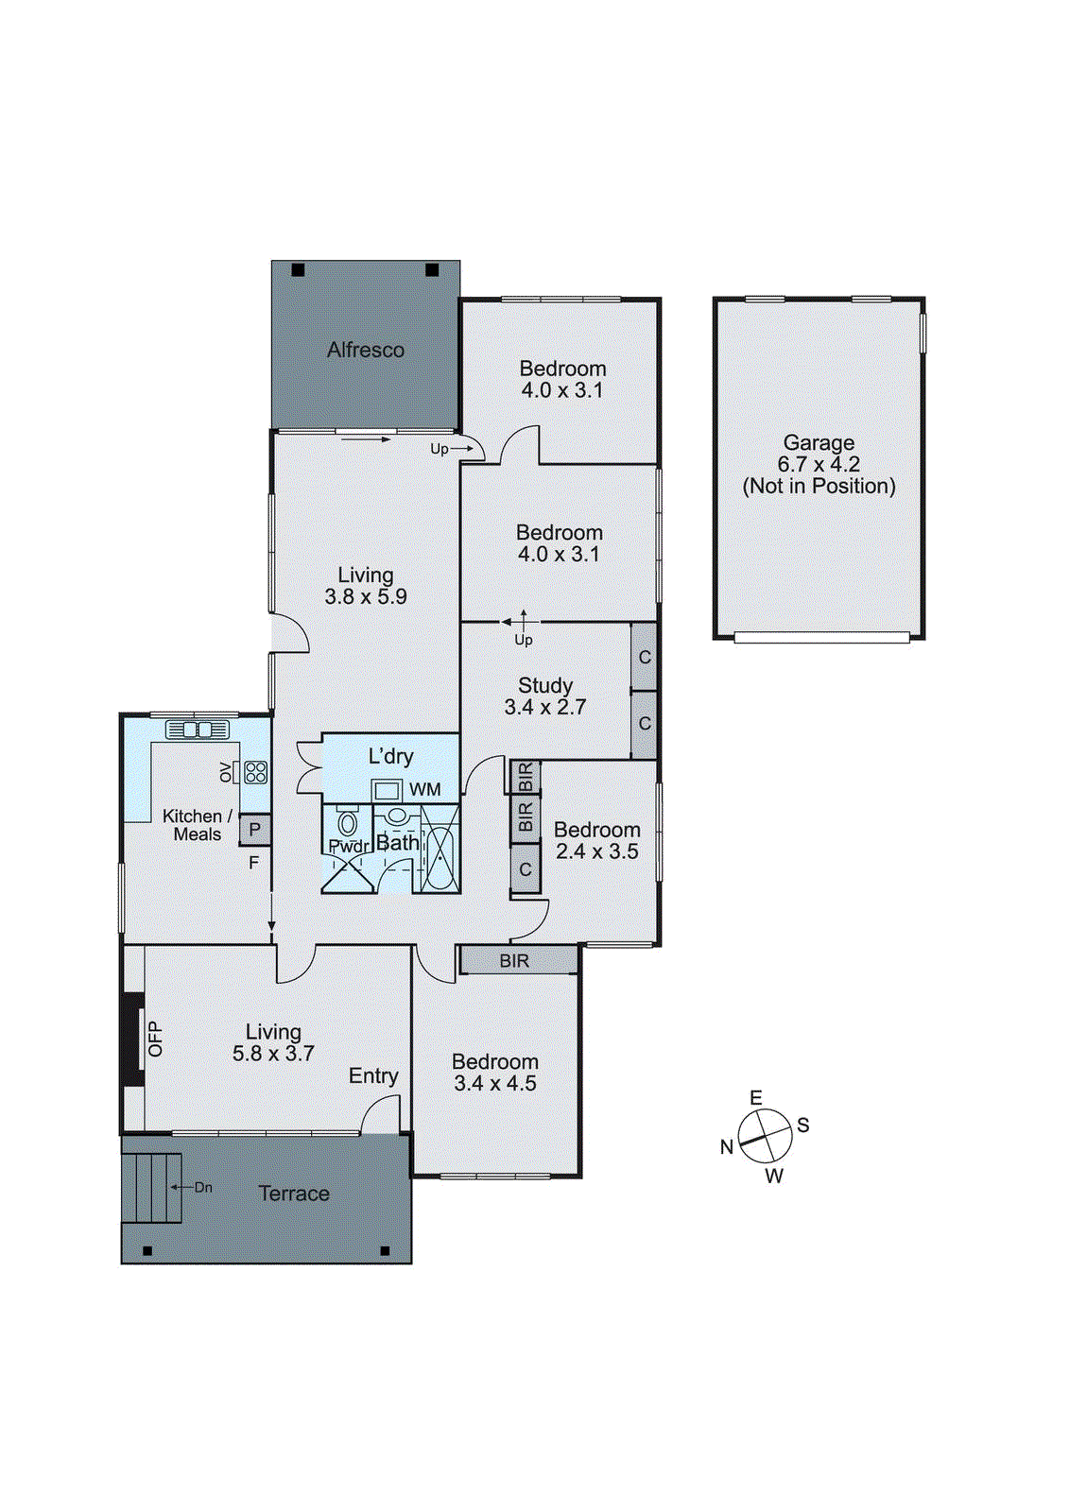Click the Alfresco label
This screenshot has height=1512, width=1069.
click(366, 350)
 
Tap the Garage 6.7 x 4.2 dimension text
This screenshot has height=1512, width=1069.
click(819, 464)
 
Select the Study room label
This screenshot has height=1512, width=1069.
click(545, 685)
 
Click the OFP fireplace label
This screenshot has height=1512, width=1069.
click(156, 1039)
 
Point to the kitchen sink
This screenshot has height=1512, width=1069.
click(198, 730)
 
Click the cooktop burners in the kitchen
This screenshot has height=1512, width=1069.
click(255, 772)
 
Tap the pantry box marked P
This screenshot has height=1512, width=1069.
click(254, 830)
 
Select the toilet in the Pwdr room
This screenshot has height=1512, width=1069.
click(347, 823)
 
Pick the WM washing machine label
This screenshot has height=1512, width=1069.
click(424, 789)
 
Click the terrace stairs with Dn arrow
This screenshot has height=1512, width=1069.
click(151, 1188)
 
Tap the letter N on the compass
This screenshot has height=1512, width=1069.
click(726, 1146)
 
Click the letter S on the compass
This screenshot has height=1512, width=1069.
click(802, 1125)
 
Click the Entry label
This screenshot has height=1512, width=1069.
click(373, 1075)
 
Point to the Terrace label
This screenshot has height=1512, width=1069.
click(294, 1194)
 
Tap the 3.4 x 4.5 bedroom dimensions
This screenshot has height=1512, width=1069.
click(495, 1084)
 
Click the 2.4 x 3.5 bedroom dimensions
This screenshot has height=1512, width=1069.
click(597, 851)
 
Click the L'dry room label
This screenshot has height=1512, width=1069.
click(390, 756)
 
